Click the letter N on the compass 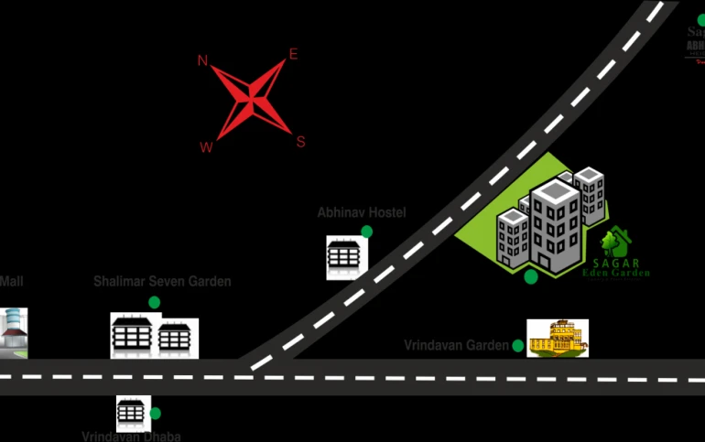202,60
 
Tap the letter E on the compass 293,54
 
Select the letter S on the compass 299,141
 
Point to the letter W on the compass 207,146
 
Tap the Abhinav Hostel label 362,212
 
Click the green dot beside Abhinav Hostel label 366,232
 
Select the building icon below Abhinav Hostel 347,256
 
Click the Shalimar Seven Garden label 162,282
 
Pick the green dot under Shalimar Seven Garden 154,302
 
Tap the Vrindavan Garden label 456,345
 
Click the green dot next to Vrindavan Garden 518,346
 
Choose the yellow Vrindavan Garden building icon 558,338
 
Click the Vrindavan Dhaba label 131,437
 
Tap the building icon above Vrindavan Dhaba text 132,414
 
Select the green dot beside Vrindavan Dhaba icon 156,414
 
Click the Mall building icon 13,333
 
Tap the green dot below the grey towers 531,276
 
